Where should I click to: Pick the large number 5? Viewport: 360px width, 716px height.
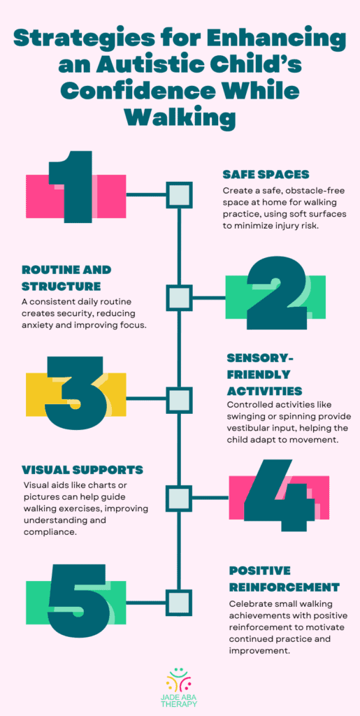tap(75, 599)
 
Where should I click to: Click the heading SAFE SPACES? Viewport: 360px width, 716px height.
tap(266, 174)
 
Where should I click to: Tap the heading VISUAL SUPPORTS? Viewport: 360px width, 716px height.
tap(82, 470)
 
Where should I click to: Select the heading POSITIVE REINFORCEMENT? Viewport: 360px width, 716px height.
tap(285, 578)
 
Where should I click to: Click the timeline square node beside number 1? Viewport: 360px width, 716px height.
tap(179, 194)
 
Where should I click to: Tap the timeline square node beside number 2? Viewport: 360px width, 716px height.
tap(179, 296)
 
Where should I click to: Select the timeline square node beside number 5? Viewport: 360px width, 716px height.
tap(179, 602)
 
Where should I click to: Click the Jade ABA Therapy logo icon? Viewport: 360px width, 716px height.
tap(180, 681)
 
